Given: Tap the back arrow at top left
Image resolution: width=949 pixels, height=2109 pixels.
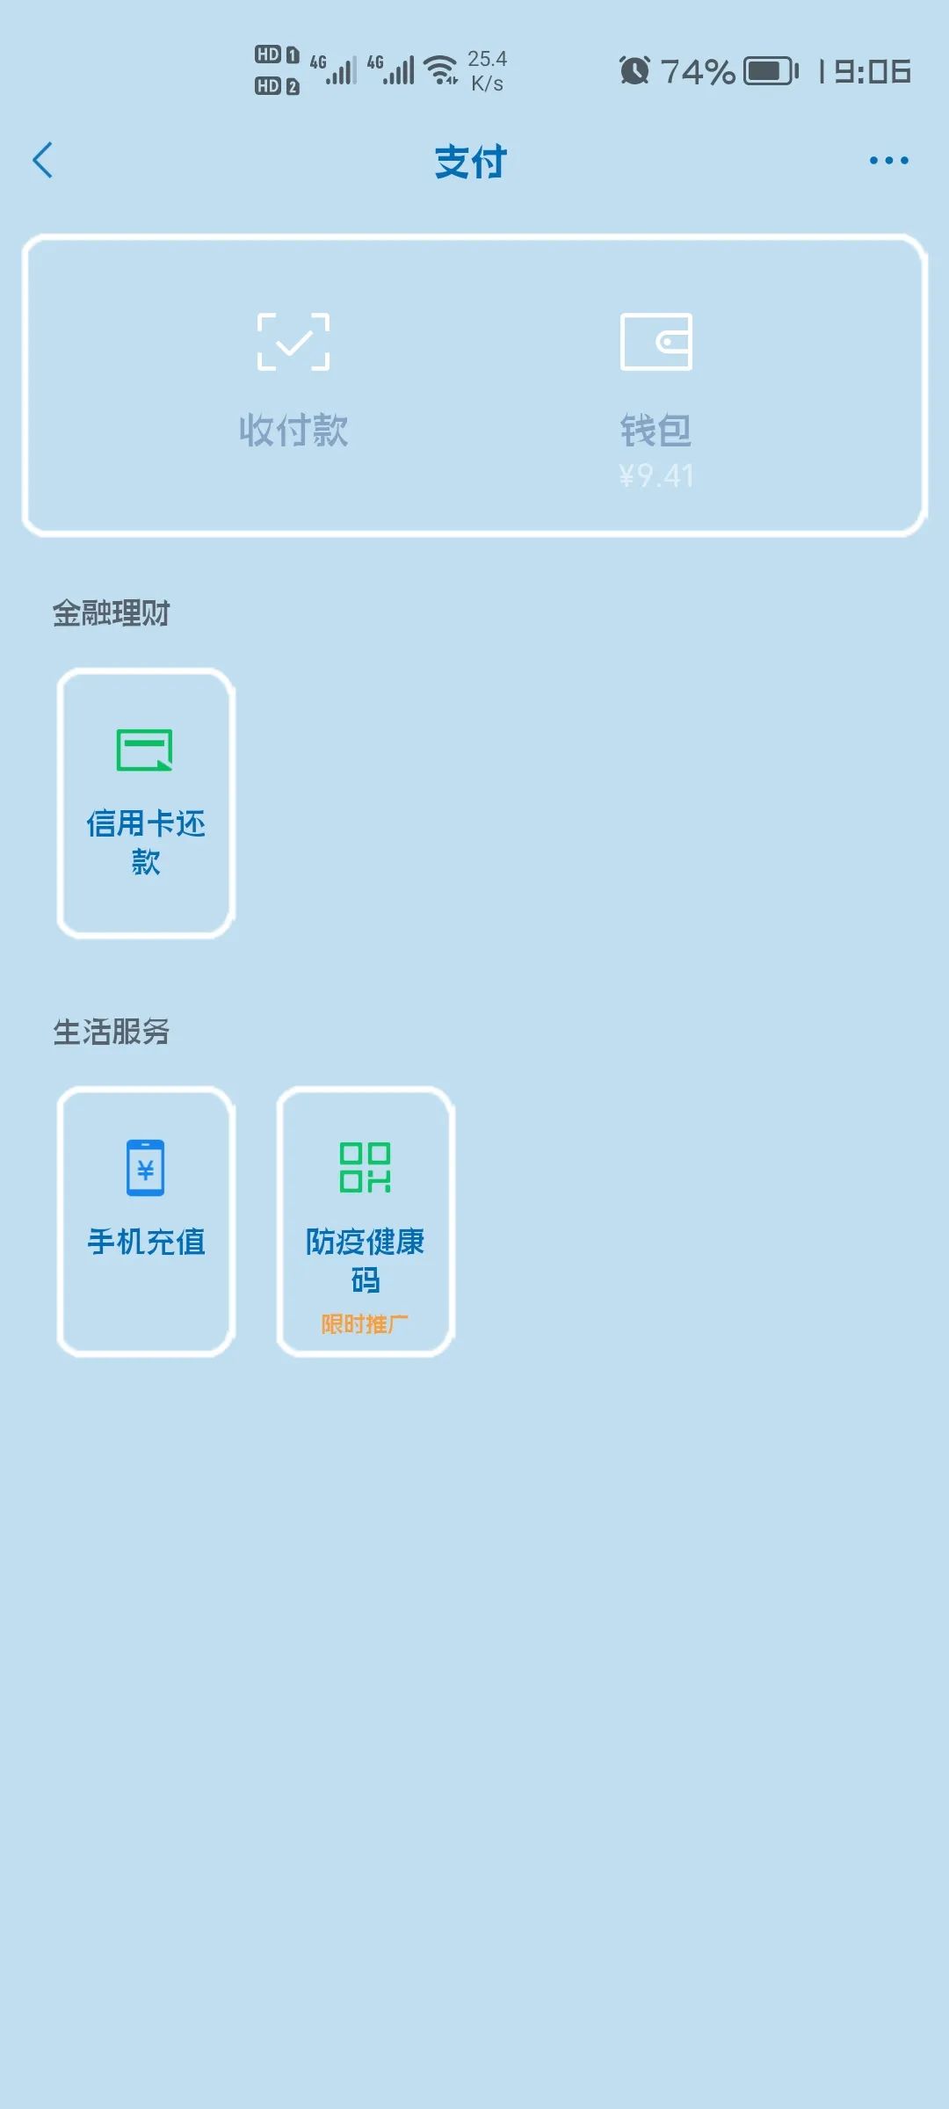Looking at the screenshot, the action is (x=42, y=160).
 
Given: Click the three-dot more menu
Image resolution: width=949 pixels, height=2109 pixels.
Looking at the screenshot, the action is (x=888, y=160).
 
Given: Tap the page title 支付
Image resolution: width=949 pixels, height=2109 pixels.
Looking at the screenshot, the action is (x=471, y=163).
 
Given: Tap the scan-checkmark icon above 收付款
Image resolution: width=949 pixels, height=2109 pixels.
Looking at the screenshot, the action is (x=293, y=342).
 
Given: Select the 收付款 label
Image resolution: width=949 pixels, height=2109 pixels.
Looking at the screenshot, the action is (x=293, y=431).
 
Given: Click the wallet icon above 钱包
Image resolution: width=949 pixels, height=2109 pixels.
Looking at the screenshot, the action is (x=656, y=342).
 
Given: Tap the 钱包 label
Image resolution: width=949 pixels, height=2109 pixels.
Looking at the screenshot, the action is (x=656, y=431).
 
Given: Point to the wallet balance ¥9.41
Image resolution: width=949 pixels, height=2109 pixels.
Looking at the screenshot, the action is (x=656, y=475).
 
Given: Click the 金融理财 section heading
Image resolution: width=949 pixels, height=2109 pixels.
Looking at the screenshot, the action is (x=111, y=613).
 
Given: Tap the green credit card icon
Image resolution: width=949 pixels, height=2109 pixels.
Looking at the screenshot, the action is (x=145, y=750).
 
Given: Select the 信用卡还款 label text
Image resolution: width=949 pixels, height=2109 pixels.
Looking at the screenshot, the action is (x=146, y=843).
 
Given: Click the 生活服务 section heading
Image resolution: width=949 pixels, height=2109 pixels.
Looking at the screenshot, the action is (x=111, y=1032).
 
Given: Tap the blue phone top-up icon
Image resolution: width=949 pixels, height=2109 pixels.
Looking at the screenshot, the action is (x=146, y=1168).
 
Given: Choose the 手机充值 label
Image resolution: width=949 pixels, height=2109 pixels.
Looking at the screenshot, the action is (x=146, y=1242).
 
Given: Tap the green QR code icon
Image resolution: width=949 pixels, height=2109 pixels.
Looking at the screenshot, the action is (x=366, y=1168).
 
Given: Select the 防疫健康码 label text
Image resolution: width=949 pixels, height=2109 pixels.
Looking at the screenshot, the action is (x=366, y=1261).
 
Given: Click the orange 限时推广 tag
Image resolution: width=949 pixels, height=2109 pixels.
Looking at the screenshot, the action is (x=365, y=1324).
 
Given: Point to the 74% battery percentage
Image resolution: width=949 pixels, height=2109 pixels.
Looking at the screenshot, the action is (x=698, y=72).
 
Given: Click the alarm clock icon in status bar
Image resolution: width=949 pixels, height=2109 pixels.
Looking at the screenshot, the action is (x=634, y=70).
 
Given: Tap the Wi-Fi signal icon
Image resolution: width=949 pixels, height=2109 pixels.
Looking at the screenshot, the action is (x=441, y=70).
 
